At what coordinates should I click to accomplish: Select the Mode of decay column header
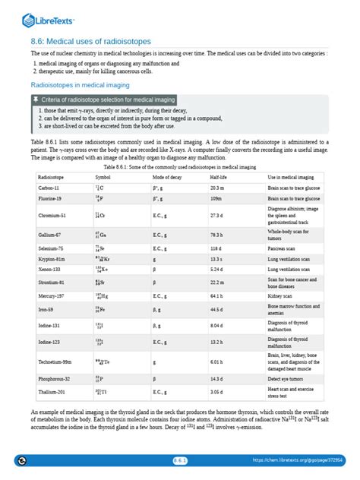[166, 176]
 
